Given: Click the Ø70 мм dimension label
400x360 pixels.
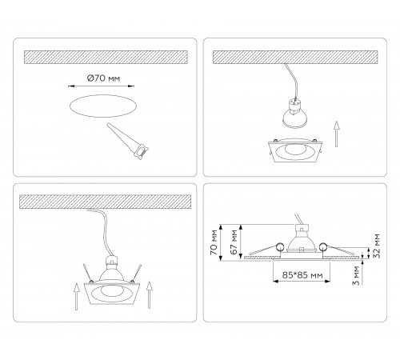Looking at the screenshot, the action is coord(103,78).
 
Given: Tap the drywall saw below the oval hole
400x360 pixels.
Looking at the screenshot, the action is coord(128,141).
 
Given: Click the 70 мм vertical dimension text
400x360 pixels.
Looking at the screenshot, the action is coord(214,242).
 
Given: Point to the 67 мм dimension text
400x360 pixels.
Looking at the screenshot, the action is coord(234,242).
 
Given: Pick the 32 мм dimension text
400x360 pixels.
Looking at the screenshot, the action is coord(377,246).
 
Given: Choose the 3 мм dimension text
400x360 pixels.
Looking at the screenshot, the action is coord(356,276).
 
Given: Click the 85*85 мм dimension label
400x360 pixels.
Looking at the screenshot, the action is coord(302,275).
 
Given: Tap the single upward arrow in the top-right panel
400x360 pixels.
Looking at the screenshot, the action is coord(337,134).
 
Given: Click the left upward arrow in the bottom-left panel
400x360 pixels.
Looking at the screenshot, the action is coord(77,297).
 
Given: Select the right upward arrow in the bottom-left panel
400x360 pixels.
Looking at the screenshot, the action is coord(150,295).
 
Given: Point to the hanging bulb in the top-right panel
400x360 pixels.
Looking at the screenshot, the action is coord(295,113).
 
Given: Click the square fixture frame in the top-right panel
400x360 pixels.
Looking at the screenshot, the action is coord(295,150).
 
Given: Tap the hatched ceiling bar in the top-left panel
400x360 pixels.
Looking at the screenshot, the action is coord(106,57).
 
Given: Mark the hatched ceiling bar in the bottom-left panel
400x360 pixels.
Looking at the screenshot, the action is coord(105,202).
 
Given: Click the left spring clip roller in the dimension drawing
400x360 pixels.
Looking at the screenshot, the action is coord(280,247).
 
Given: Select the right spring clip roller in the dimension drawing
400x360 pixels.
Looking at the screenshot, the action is coord(323,247).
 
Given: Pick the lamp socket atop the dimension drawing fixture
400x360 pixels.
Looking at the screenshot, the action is coord(302,229).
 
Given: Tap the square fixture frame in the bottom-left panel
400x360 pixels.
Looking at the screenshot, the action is coord(112,293).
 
